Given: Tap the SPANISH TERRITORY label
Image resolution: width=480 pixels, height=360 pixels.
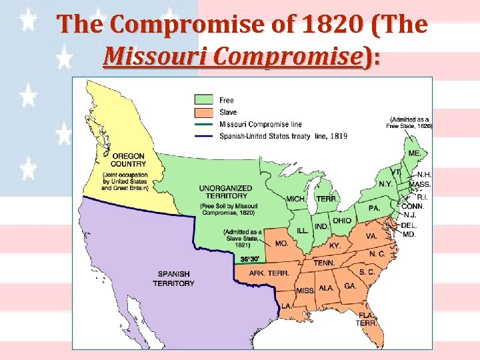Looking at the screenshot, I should (173, 279).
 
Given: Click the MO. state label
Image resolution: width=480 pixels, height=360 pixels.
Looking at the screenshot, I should (282, 245).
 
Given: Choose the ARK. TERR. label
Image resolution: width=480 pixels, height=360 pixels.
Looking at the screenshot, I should (269, 273).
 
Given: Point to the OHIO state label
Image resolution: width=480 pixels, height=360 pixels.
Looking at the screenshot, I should (342, 221).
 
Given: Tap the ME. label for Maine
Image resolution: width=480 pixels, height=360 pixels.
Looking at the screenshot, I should (414, 153).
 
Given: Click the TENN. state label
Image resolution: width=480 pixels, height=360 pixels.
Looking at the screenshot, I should (325, 263).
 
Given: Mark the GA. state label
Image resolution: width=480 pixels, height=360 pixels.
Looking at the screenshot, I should (350, 285).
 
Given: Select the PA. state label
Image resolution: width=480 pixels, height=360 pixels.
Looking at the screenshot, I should (375, 208).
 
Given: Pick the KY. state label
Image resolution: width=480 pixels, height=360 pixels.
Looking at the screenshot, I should (335, 245).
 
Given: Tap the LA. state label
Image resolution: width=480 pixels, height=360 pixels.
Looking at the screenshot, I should (286, 305).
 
